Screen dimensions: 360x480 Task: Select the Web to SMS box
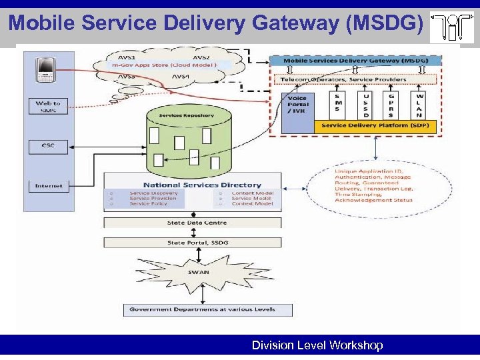(x=47, y=107)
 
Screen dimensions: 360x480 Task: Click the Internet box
(x=47, y=187)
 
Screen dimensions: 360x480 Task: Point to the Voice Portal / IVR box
(x=297, y=105)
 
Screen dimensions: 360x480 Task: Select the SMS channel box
(x=338, y=105)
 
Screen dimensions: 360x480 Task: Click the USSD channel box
(x=365, y=105)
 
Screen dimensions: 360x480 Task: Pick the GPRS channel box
(x=393, y=105)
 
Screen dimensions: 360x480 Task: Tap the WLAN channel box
(x=420, y=105)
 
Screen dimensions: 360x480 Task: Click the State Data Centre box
(x=193, y=223)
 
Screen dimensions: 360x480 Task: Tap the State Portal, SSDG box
(x=193, y=243)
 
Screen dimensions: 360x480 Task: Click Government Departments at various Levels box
(x=208, y=310)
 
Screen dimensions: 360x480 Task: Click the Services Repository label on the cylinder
(x=187, y=116)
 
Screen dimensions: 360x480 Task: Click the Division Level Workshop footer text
(x=317, y=345)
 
